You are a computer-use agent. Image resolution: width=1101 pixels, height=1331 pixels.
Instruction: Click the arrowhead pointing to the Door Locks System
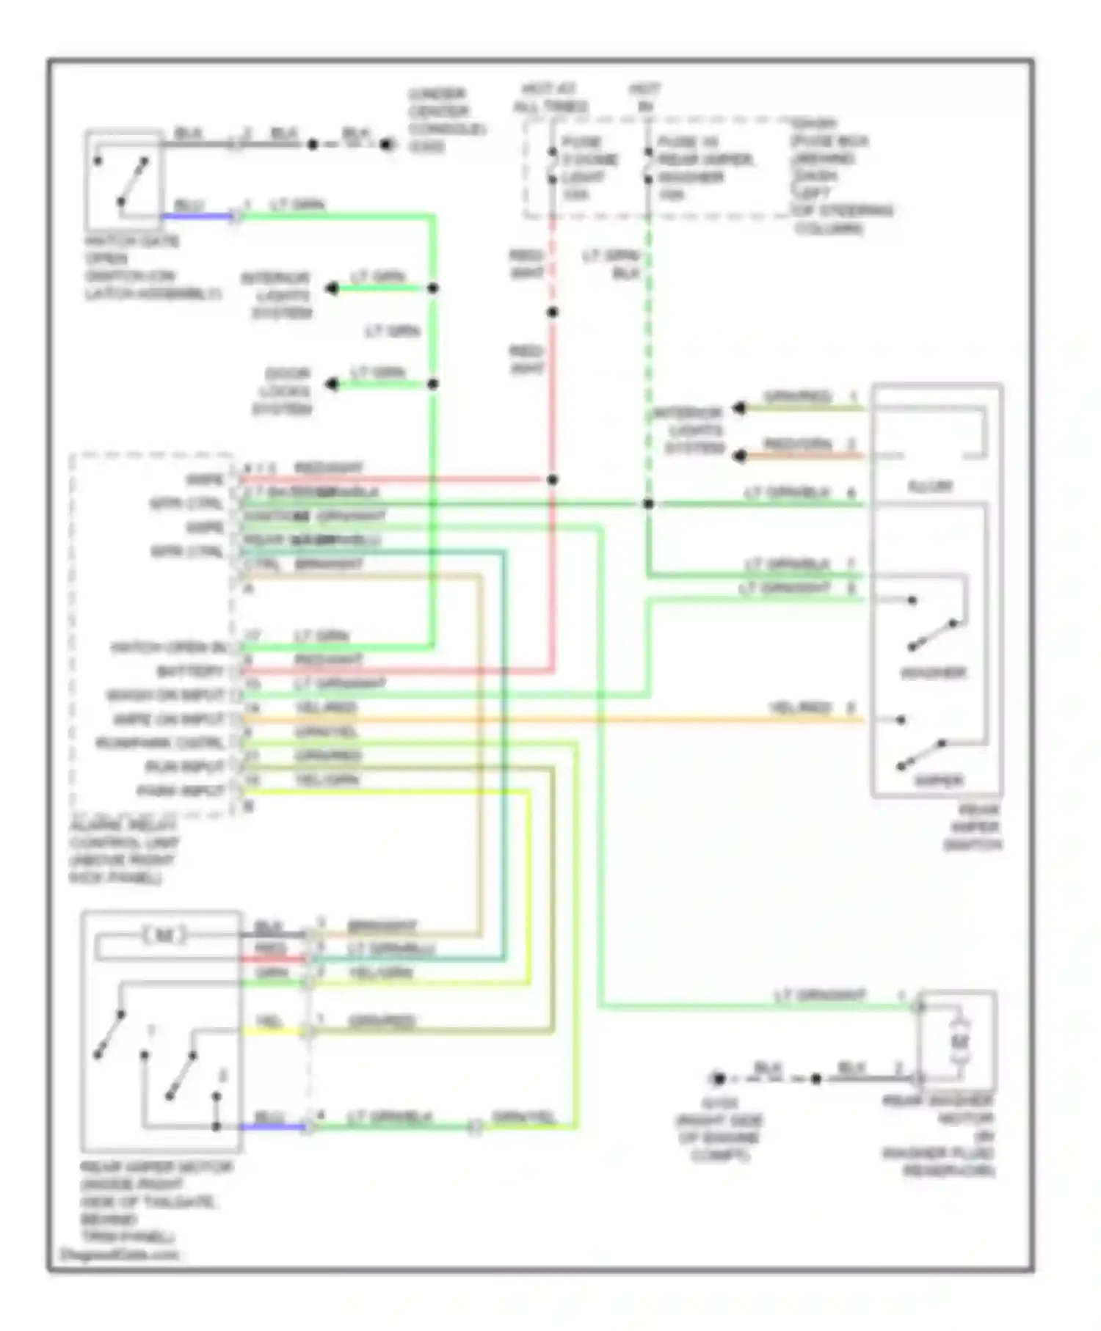coord(333,384)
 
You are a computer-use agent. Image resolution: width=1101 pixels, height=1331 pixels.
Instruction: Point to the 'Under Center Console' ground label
coord(446,120)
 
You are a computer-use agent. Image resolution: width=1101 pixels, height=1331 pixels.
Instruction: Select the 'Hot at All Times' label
coord(550,98)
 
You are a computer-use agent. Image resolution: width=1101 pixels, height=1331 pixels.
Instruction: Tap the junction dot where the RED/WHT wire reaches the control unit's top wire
coord(553,480)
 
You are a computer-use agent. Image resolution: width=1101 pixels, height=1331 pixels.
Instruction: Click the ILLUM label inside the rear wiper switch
coord(930,486)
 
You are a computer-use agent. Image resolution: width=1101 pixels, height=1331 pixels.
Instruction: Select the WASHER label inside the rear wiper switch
coord(933,673)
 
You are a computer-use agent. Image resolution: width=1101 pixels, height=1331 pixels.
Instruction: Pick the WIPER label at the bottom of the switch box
coord(938,780)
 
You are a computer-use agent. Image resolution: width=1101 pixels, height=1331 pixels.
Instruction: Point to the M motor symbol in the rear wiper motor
coord(164,936)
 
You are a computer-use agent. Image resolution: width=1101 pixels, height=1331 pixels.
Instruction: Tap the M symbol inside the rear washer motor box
coord(959,1041)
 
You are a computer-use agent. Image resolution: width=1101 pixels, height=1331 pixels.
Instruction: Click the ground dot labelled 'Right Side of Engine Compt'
coord(719,1079)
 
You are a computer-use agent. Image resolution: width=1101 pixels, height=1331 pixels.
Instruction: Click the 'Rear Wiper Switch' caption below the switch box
coord(973,828)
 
